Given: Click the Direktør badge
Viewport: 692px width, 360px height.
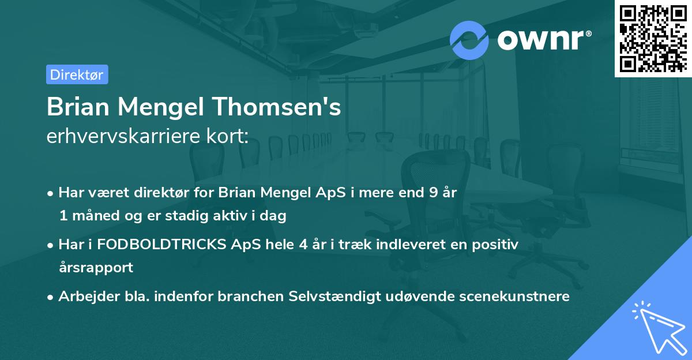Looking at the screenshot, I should click(77, 74).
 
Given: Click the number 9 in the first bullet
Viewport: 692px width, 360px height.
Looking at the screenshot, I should click(433, 193).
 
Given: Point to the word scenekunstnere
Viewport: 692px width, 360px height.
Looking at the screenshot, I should click(515, 296).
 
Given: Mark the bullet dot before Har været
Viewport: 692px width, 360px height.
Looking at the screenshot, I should click(51, 193).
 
